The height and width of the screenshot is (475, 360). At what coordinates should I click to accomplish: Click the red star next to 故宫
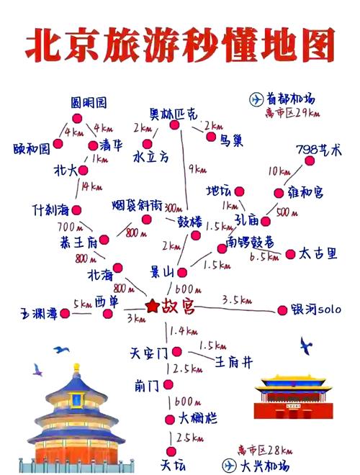coord(152,307)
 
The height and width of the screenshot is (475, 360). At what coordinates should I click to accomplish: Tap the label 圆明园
coord(89,102)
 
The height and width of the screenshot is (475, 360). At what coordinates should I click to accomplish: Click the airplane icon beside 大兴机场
coord(229,464)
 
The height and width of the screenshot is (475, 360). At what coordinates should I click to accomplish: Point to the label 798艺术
coord(318,150)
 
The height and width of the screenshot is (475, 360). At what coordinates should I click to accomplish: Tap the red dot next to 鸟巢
coord(211,136)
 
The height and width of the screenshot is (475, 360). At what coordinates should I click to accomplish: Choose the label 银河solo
coord(317,309)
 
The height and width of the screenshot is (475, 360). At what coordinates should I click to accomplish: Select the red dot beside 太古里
coord(290,254)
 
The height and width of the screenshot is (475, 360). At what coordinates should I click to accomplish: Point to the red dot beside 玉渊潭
coord(66,313)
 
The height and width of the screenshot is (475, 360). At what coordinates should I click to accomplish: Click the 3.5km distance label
coord(236,299)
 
